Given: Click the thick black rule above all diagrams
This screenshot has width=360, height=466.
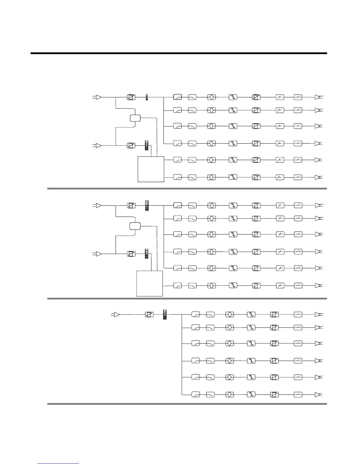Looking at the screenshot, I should point(179,53).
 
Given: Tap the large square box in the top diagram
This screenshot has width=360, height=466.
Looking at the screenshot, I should point(151,169).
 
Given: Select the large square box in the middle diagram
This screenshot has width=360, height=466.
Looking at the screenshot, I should point(150,284).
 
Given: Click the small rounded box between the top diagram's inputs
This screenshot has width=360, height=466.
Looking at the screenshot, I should point(135,118).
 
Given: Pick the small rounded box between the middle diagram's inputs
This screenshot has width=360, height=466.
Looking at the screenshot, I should point(135,226).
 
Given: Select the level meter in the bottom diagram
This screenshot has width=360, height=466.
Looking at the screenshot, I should point(165,314).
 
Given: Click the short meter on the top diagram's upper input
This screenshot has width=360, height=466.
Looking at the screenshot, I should point(147,97).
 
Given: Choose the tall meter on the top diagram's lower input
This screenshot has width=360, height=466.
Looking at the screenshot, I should point(147,146).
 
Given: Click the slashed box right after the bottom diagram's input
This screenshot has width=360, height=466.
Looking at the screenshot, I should point(149,315).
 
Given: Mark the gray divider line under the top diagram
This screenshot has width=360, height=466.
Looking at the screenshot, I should point(187,189).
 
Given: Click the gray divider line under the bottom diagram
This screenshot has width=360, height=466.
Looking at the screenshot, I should point(187,404).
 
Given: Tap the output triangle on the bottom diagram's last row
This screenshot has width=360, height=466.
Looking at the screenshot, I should point(318,395).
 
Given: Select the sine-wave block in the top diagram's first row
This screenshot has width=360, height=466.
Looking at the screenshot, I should point(233,97).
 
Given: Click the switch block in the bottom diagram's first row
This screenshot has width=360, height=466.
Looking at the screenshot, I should point(298,314).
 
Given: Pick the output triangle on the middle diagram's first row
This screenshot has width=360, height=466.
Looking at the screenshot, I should point(318,206).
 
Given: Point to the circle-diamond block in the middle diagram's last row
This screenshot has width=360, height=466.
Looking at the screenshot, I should point(212,285).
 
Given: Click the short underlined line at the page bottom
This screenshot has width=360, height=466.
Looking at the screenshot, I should point(58,464).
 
